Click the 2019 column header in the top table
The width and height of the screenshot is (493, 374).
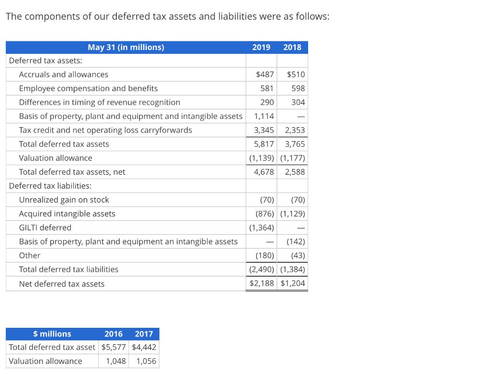261,47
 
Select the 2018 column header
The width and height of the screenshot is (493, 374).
292,47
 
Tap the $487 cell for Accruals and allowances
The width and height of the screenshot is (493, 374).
265,75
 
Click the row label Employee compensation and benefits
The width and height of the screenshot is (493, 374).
88,89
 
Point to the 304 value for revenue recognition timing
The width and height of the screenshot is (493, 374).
298,103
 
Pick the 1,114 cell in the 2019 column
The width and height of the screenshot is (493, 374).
264,116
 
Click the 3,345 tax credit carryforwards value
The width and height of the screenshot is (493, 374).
264,130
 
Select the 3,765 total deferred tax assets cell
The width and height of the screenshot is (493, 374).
295,144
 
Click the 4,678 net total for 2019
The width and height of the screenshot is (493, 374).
264,172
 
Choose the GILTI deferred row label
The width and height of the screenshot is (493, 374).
45,228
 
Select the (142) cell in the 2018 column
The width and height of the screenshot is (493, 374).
295,242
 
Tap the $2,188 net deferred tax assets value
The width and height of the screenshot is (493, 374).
262,284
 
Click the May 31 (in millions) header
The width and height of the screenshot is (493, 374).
126,47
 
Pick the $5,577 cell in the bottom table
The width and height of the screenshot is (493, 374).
114,348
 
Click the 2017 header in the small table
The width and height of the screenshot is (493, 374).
144,334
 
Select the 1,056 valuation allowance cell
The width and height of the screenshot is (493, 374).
146,361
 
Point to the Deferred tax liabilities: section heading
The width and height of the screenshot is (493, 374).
50,186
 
